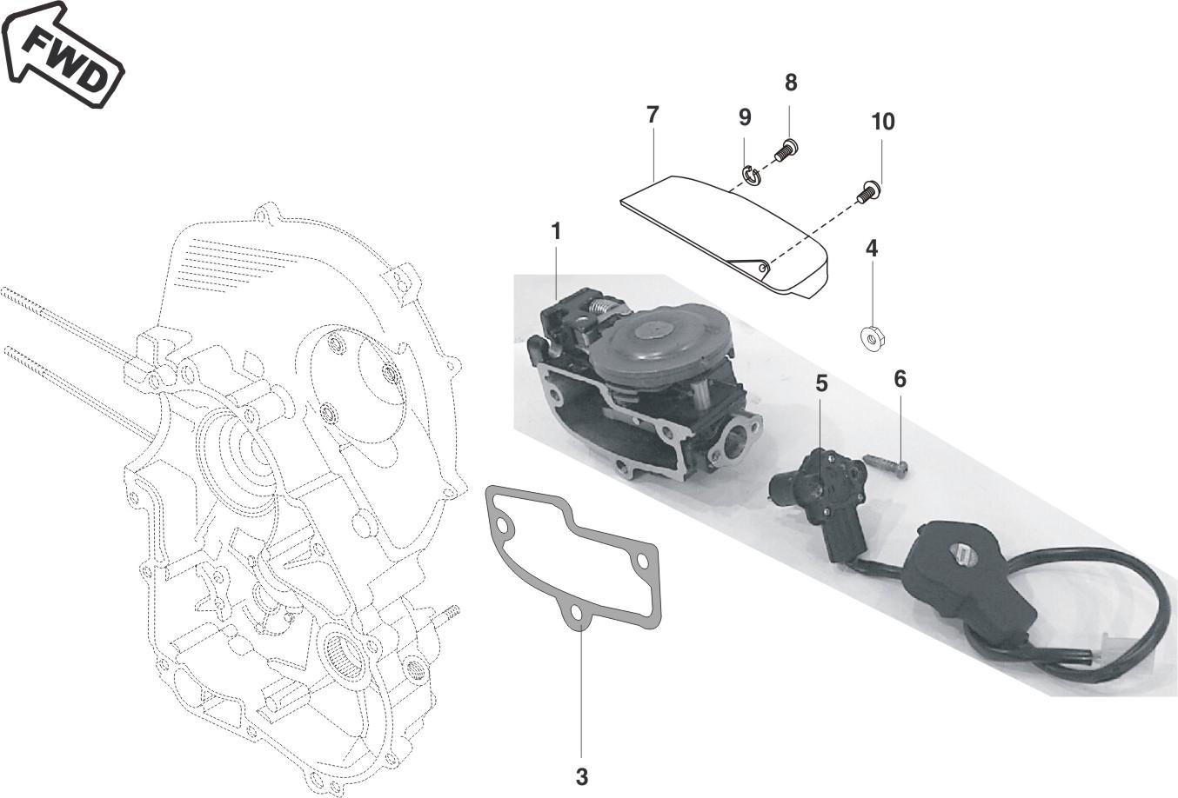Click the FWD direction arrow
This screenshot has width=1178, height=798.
click(x=61, y=55)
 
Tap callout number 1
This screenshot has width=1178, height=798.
click(x=556, y=232)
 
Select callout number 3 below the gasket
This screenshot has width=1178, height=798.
click(x=581, y=776)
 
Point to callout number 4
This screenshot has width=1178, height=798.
click(x=872, y=249)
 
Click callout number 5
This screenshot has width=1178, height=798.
click(x=821, y=383)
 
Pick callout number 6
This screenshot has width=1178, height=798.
click(x=900, y=379)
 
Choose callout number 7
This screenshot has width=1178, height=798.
click(x=653, y=115)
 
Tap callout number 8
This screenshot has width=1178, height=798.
click(x=791, y=83)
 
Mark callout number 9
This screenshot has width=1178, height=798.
click(x=745, y=117)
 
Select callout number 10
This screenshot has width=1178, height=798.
click(x=883, y=122)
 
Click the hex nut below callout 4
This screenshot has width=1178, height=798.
click(x=873, y=339)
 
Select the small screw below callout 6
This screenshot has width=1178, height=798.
click(x=888, y=465)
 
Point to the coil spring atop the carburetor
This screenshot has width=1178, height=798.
click(x=603, y=306)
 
